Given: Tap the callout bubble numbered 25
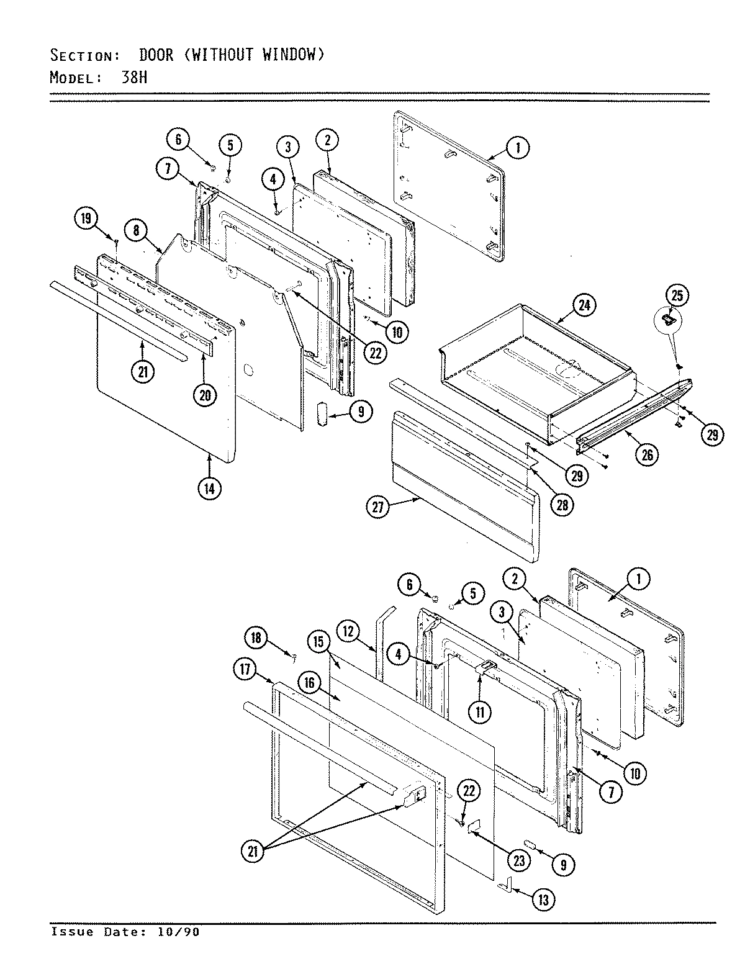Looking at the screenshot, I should click(x=677, y=295).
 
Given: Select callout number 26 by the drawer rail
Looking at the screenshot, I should click(x=646, y=454).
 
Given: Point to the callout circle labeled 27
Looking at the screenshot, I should click(x=378, y=507).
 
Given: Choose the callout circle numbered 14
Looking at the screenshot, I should click(x=209, y=488).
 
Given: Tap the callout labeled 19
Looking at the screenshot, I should click(x=86, y=218).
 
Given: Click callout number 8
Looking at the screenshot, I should click(x=137, y=230).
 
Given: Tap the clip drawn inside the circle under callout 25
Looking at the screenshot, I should click(x=669, y=319).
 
